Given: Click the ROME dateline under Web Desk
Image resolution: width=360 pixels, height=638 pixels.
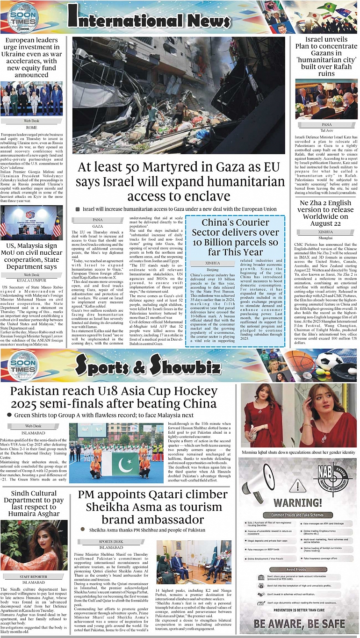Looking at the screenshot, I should coord(31,128).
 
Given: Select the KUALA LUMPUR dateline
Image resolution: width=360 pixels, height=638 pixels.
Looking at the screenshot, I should coord(31,280).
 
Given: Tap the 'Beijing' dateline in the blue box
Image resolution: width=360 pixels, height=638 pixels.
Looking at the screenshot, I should coord(212,270).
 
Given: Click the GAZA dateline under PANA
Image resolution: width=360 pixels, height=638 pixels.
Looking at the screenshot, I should coord(98,226).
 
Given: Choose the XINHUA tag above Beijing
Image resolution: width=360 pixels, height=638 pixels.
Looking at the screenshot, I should coord(212,263).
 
